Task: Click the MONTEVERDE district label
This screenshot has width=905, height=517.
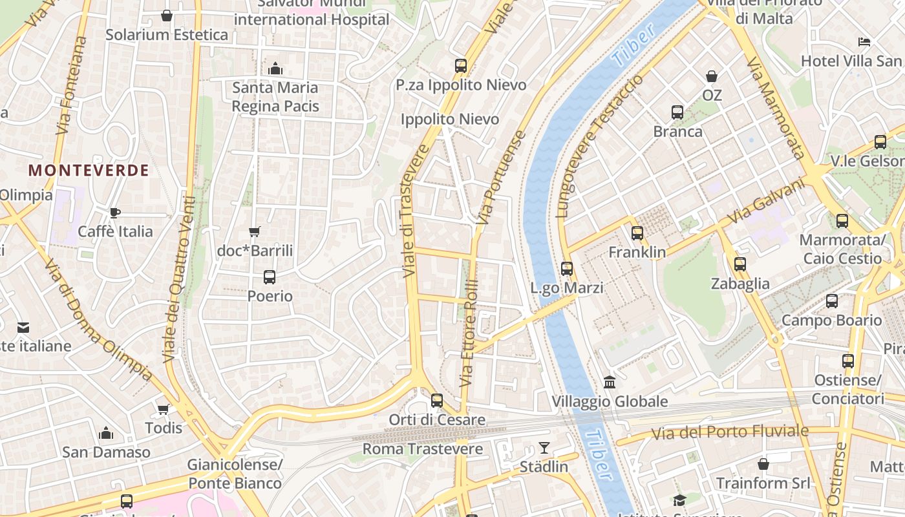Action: tap(89, 171)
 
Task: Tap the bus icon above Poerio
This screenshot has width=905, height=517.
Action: tap(270, 277)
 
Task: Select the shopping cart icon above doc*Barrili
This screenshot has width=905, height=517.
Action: tap(255, 231)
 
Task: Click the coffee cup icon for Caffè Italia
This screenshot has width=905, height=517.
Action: tap(115, 213)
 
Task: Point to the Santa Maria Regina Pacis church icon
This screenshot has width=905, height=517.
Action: tap(275, 69)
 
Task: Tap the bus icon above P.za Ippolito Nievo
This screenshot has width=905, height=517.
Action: tap(461, 65)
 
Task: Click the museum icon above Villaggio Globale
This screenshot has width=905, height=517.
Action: tap(610, 382)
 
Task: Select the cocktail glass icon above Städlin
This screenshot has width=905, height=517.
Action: tap(544, 447)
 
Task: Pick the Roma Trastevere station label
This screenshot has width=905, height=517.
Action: tap(423, 448)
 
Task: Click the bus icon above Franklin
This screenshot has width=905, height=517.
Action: tap(637, 233)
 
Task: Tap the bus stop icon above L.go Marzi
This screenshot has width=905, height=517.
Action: tap(567, 268)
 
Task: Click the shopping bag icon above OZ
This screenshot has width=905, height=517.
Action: tap(712, 76)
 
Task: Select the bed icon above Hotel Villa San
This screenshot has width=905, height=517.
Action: tap(864, 42)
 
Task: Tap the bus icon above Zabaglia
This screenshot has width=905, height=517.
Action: tap(740, 264)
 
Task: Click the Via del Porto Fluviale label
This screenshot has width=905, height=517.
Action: tap(730, 432)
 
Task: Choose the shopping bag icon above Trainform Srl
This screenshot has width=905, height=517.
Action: tap(763, 464)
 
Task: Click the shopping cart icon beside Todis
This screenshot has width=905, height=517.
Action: tap(164, 409)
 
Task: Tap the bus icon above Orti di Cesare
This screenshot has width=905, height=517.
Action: tap(437, 400)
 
